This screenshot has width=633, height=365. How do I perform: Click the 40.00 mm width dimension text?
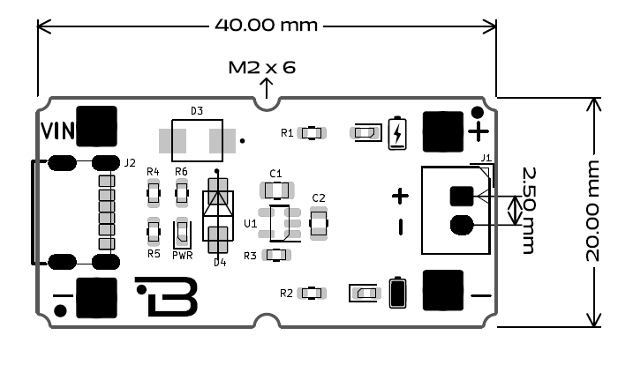[266, 24]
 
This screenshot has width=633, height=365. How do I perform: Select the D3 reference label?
[197, 111]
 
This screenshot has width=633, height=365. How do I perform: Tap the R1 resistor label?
[287, 133]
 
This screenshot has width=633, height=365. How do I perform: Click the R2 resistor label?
[286, 293]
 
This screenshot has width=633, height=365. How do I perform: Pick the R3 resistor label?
[250, 256]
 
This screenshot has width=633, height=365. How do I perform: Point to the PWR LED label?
[182, 255]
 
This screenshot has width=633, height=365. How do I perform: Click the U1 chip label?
[251, 224]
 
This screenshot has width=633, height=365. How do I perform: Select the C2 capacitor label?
[319, 197]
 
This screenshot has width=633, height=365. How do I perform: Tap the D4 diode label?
[220, 262]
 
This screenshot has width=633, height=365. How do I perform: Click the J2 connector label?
[130, 163]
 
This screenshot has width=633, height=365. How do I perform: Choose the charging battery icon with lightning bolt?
[399, 132]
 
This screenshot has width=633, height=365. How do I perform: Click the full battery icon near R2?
[398, 292]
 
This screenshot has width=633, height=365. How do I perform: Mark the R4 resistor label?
[153, 171]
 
